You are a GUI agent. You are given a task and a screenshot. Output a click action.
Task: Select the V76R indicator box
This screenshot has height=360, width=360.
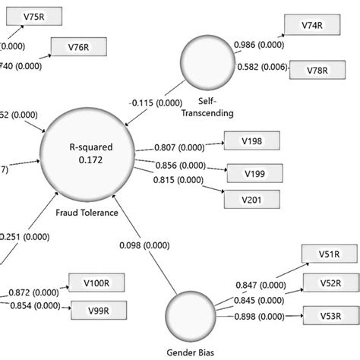pyautogui.click(x=75, y=46)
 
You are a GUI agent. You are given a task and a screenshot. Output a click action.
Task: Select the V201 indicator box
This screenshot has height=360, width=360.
pyautogui.click(x=251, y=200)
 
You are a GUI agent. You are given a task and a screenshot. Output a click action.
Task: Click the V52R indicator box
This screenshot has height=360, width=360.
pyautogui.click(x=329, y=284)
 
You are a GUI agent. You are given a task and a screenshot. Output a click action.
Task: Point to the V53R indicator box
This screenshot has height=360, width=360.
pyautogui.click(x=329, y=314)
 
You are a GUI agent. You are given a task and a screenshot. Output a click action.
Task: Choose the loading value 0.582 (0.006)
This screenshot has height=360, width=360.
pyautogui.click(x=262, y=68)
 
